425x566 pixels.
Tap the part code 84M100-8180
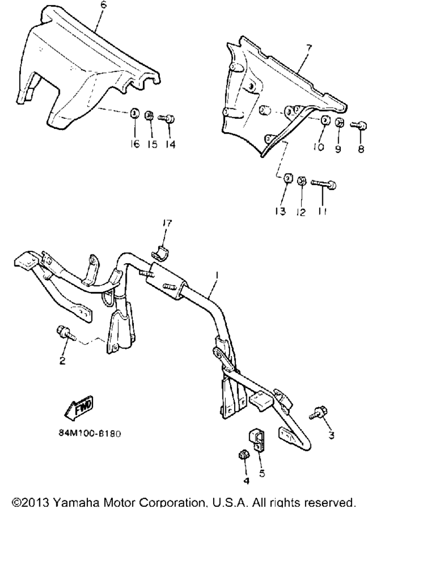90,433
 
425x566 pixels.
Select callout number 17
167,223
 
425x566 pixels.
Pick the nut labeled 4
244,456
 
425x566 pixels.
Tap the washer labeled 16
134,113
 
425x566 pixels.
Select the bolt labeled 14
167,118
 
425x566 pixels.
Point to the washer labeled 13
288,178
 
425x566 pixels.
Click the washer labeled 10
324,120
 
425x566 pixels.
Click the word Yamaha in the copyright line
76,502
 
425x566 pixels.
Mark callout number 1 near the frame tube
217,275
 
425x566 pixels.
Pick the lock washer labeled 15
148,116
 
